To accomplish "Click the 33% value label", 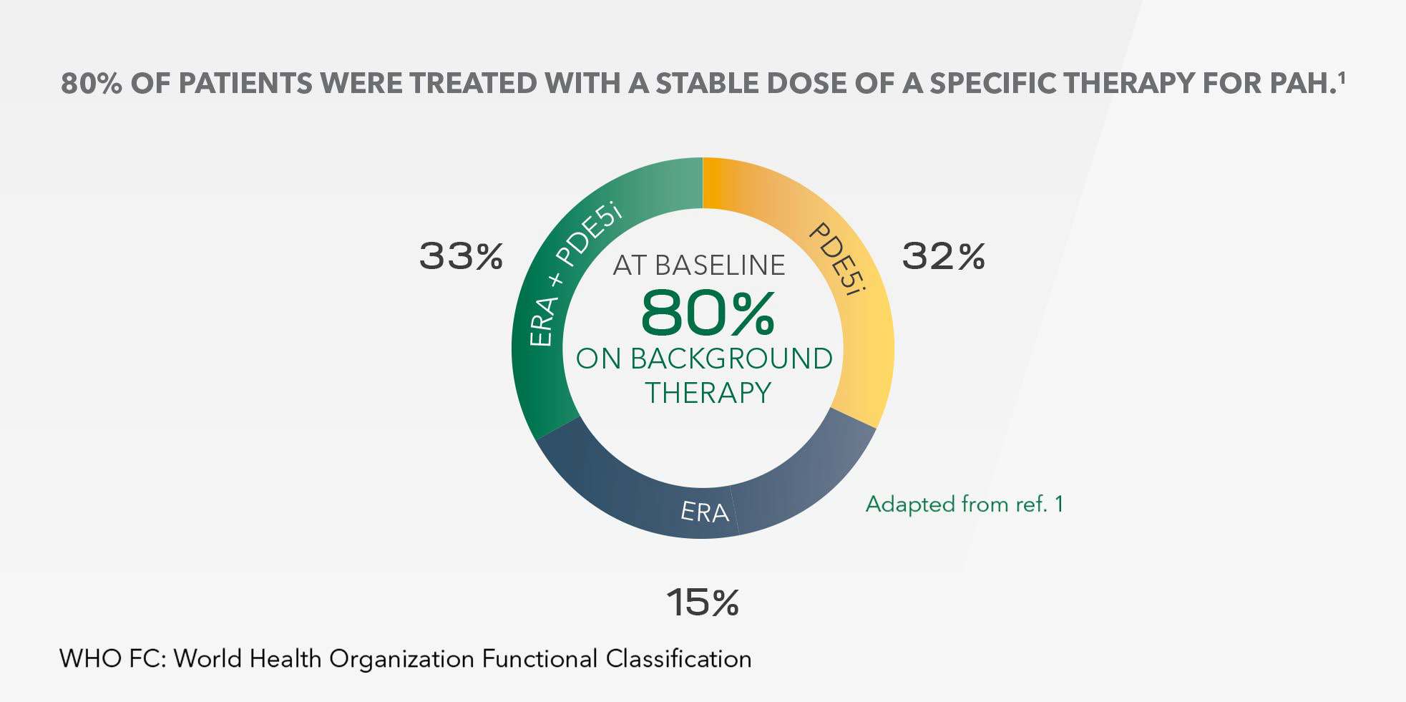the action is tap(462, 256).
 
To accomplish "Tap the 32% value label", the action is tap(944, 256).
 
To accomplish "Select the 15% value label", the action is tap(703, 603).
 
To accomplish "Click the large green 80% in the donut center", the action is tap(707, 313).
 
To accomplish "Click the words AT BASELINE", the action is tap(699, 265).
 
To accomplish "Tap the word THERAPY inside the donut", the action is tap(708, 393).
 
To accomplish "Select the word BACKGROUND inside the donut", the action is tap(731, 359).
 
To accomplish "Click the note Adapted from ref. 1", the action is tap(965, 504).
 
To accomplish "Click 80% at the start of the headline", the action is tap(85, 84).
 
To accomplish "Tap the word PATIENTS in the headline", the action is tap(245, 84).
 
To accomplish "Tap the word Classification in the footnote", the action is tap(679, 658).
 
